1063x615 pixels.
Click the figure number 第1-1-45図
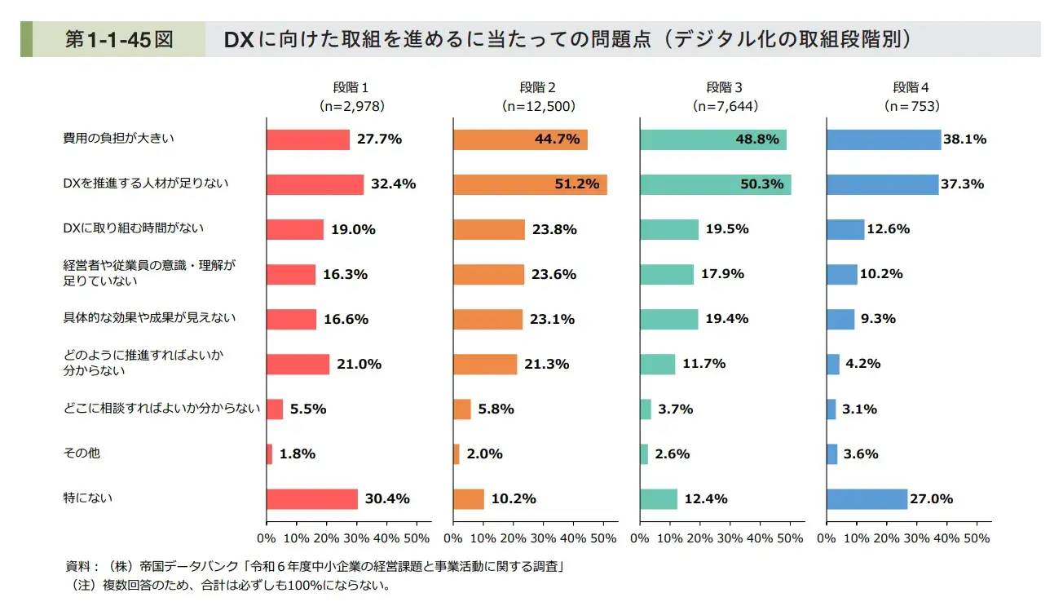tap(119, 40)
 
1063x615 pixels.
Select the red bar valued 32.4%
tap(315, 184)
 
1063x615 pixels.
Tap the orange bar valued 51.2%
tap(530, 184)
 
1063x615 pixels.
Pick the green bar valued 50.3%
tap(715, 184)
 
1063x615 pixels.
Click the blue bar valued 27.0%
tap(867, 499)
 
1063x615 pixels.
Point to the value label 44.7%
tap(558, 139)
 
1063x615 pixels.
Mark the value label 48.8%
tap(756, 139)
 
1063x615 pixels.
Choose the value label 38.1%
tap(964, 139)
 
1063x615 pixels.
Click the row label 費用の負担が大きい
tap(119, 139)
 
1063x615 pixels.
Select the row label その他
tap(82, 453)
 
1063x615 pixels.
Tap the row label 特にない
tap(88, 498)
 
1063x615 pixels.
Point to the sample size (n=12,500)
tap(539, 106)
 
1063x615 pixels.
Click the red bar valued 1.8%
tap(269, 454)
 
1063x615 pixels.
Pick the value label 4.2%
tap(863, 364)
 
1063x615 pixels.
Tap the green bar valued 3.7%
tap(646, 409)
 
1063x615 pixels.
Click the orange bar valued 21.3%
tap(485, 365)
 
